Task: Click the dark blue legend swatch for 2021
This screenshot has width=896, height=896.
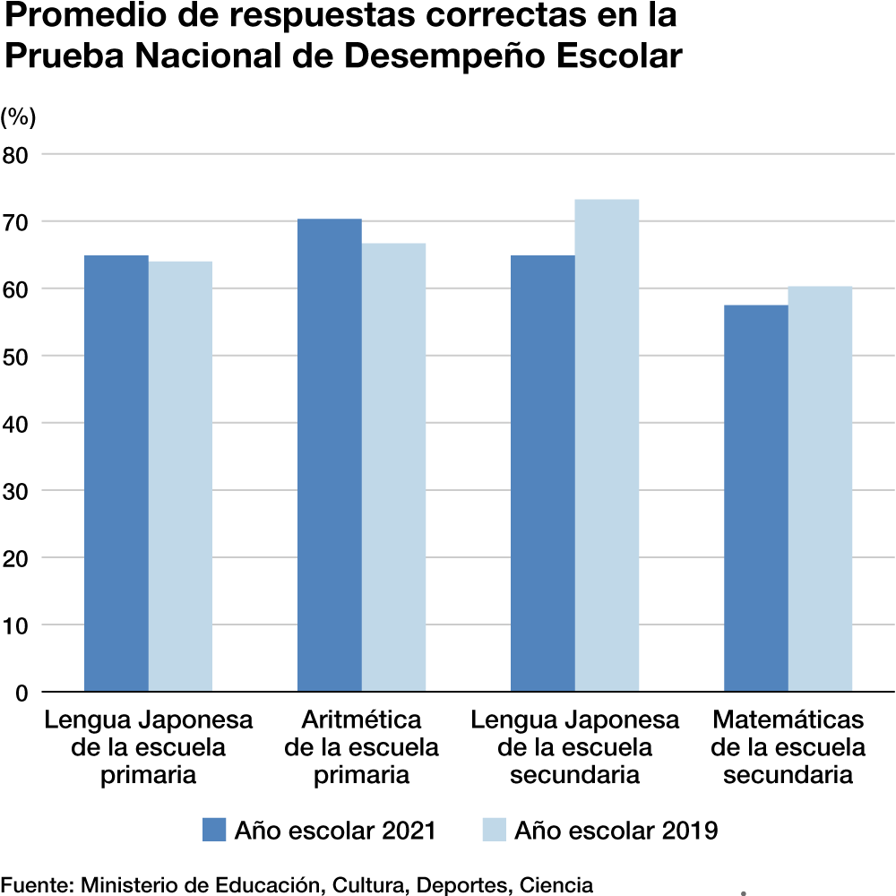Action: (x=214, y=830)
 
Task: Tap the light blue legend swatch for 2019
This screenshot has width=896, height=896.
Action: (x=494, y=830)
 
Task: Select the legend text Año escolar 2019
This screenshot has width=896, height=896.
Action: (x=616, y=831)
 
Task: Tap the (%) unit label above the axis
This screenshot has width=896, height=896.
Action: (x=18, y=116)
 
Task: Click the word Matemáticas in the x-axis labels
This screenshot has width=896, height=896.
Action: (x=788, y=720)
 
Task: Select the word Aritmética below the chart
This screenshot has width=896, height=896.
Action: (x=361, y=720)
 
